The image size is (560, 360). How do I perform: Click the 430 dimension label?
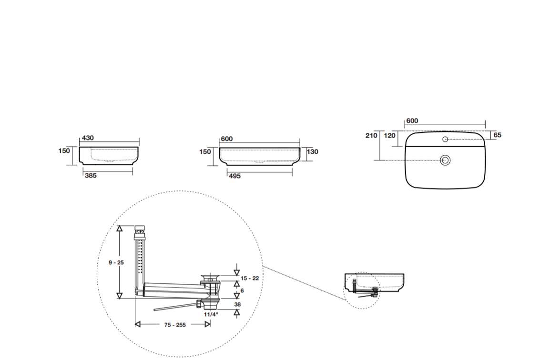click(88, 138)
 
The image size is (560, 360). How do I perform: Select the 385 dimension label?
click(91, 176)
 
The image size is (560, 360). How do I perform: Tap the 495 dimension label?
click(234, 176)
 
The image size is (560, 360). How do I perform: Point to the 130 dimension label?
click(312, 151)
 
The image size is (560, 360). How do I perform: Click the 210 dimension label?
click(371, 136)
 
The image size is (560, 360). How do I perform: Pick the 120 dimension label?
click(390, 136)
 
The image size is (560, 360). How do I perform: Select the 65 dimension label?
click(498, 135)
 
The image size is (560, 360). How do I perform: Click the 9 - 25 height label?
click(116, 262)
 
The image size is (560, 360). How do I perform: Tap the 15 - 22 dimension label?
click(250, 278)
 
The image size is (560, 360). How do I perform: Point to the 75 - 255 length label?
click(175, 325)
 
